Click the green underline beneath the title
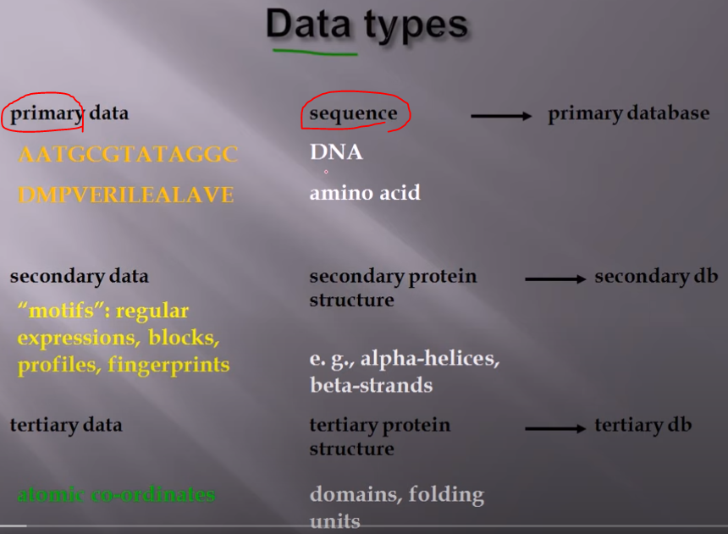[314, 52]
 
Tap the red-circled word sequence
[353, 113]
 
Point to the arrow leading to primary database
[501, 115]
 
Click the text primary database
[628, 113]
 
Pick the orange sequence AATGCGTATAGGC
[128, 155]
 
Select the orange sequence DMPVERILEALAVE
[125, 195]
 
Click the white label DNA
[336, 152]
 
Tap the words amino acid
[365, 193]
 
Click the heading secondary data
[79, 276]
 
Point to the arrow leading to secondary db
[554, 278]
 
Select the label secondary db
[656, 277]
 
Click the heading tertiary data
[66, 425]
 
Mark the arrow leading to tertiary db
[554, 428]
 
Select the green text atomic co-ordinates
[116, 494]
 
